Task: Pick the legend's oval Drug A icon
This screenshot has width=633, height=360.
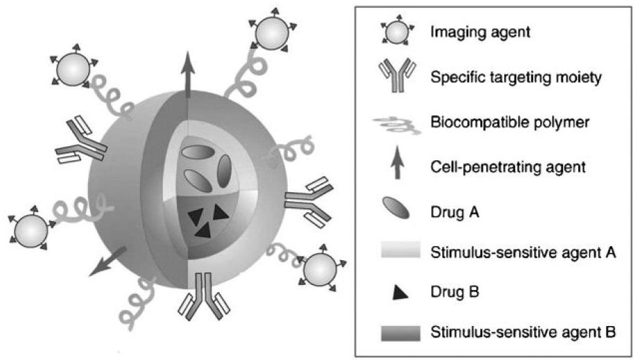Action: tap(397, 207)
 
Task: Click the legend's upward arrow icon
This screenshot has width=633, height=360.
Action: tap(397, 164)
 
